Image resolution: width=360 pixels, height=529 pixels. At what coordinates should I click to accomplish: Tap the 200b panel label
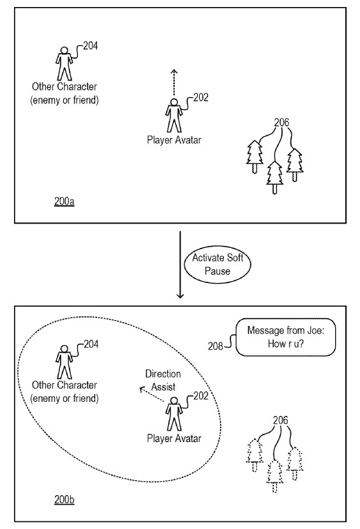[x=64, y=498]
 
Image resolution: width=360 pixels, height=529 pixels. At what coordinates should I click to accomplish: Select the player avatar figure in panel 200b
[x=174, y=414]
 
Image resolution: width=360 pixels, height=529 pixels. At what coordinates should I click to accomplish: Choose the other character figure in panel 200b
[x=64, y=361]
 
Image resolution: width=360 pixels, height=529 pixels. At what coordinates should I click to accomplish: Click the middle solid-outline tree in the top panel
[x=274, y=177]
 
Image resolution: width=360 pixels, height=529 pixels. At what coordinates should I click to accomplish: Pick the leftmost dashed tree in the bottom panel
[x=255, y=454]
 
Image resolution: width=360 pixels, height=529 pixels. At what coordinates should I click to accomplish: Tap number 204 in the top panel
[x=91, y=46]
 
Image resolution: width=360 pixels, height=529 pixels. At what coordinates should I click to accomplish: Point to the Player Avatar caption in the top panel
[x=174, y=140]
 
